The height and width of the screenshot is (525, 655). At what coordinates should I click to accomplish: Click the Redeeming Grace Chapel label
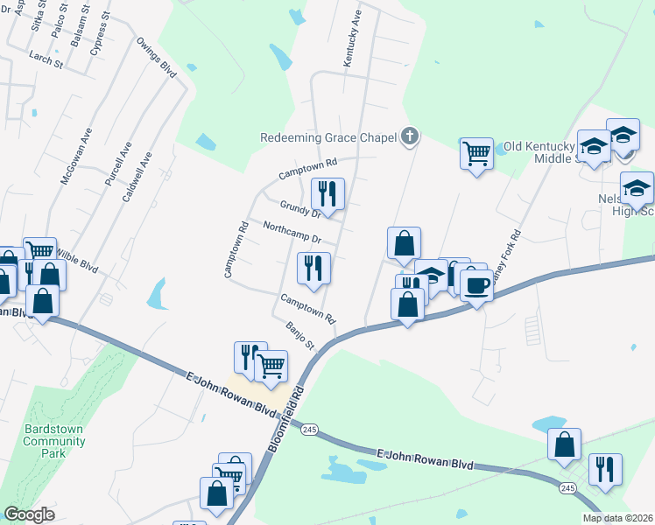pyautogui.click(x=328, y=137)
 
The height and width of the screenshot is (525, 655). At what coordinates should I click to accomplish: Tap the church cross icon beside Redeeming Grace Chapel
pyautogui.click(x=409, y=136)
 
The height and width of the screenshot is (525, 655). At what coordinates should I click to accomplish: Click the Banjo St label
pyautogui.click(x=300, y=335)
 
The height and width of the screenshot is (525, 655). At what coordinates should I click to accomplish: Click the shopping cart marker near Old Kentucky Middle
pyautogui.click(x=476, y=154)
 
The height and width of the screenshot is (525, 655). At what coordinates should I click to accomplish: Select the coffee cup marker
pyautogui.click(x=476, y=285)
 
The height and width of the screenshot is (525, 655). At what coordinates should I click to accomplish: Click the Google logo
pyautogui.click(x=29, y=515)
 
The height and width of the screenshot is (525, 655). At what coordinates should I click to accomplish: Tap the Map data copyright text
pyautogui.click(x=618, y=518)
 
